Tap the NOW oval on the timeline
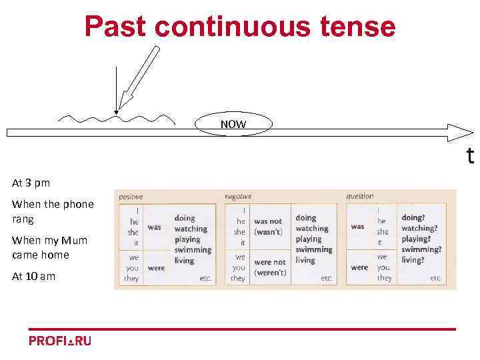(233, 125)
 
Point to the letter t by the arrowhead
(470, 156)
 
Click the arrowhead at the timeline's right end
(459, 131)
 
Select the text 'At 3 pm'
(31, 183)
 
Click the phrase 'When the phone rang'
(53, 211)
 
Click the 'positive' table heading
(131, 197)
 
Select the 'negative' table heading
(238, 197)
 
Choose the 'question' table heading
(360, 197)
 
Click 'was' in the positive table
(154, 227)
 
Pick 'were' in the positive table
(156, 268)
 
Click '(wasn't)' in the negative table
(268, 232)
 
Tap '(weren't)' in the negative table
(270, 273)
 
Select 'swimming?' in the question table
(421, 250)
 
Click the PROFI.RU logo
(60, 341)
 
